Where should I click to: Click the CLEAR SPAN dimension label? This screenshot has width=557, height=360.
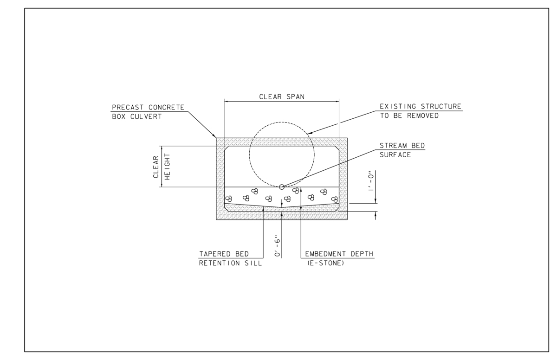click(x=282, y=97)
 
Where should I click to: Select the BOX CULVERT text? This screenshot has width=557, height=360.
click(x=137, y=116)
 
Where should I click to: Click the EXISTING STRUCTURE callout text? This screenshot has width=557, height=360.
click(x=421, y=107)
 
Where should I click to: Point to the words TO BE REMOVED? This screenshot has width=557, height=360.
click(x=409, y=116)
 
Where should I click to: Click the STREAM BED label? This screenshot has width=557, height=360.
click(x=402, y=146)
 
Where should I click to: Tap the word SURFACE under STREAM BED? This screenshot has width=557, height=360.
click(x=395, y=154)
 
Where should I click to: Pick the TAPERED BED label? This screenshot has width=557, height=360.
click(x=224, y=255)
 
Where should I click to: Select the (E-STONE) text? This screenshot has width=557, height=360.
click(x=325, y=264)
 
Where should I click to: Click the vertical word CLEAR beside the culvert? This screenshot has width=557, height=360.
click(x=156, y=167)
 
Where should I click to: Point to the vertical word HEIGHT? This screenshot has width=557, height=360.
click(x=167, y=167)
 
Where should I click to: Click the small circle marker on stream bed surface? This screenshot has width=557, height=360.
click(x=282, y=187)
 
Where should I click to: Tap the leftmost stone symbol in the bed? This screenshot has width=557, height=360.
click(x=228, y=199)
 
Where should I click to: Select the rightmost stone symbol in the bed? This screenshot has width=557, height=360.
click(x=334, y=199)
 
